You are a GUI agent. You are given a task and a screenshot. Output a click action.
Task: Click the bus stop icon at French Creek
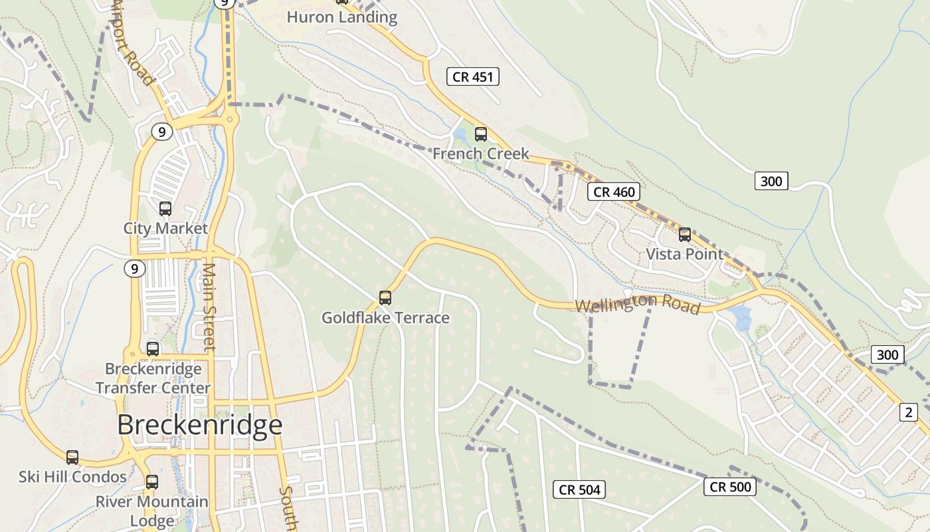pos(481,134)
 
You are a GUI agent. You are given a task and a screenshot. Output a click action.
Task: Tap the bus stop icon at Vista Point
pos(685,235)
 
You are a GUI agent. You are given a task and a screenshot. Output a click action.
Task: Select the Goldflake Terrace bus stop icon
pos(385,298)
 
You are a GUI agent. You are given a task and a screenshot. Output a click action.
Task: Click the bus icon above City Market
pos(165,209)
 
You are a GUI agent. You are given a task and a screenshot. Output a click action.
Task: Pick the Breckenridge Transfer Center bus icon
pos(153,349)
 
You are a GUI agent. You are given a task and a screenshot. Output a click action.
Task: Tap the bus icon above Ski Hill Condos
pos(72,458)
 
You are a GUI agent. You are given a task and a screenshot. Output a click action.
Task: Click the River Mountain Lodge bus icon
pos(152,482)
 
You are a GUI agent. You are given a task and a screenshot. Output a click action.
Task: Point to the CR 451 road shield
pos(472,76)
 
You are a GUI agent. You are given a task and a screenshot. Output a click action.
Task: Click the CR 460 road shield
pos(614,192)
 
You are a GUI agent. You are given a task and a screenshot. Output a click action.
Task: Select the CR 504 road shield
pos(579,490)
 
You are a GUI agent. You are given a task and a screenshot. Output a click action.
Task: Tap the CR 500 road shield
pos(730,487)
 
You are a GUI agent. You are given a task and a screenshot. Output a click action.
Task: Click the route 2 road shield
pos(908,412)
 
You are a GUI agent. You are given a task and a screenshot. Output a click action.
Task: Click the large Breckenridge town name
pos(200,425)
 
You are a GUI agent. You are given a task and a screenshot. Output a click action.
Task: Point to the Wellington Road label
pos(637,305)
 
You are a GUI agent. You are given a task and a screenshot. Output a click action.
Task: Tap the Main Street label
pos(209,306)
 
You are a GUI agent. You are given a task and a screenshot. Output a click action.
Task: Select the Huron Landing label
pos(341,17)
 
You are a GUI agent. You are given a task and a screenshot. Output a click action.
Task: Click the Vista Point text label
pos(684,254)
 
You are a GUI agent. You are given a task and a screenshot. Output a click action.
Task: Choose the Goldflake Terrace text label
pos(385,318)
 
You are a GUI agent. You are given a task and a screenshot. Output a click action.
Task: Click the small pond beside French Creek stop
pos(459,137)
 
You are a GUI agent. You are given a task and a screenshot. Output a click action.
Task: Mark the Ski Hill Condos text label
pos(72,477)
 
